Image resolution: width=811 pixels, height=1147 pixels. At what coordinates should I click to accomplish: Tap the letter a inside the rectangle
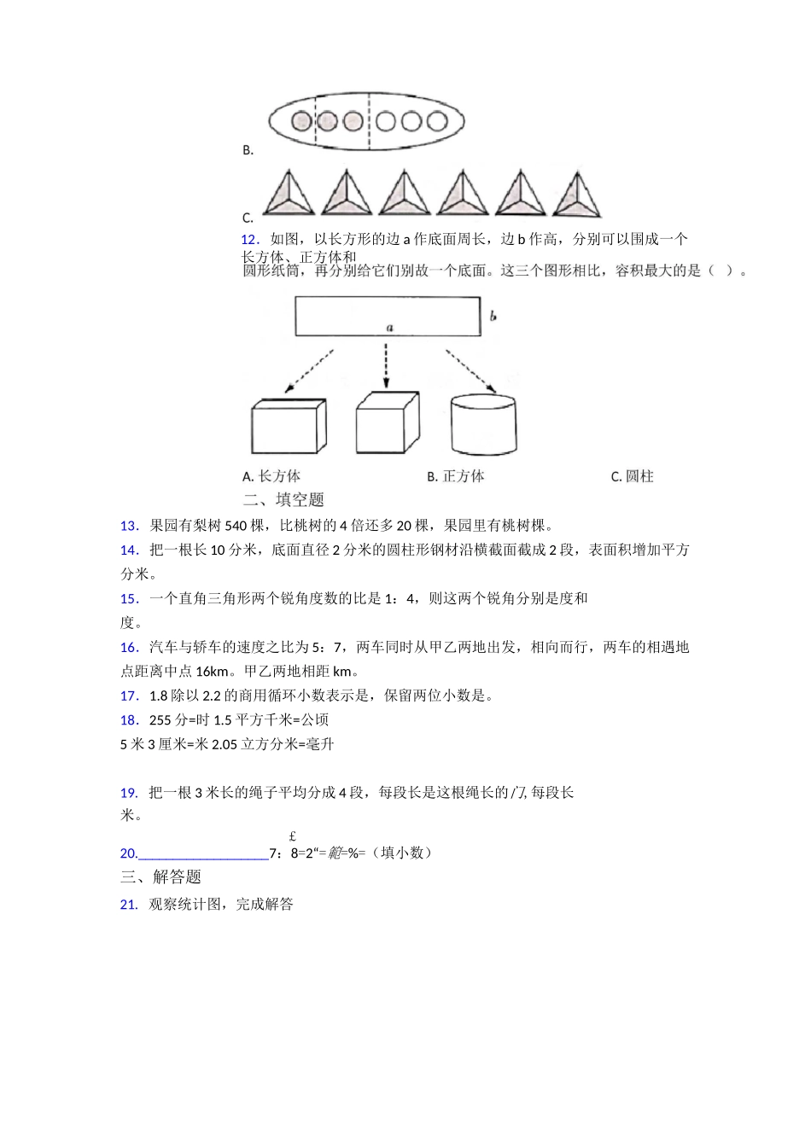click(x=389, y=327)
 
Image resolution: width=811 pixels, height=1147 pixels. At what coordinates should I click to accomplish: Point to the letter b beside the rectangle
click(x=493, y=317)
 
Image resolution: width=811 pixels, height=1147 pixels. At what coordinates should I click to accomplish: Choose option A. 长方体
click(x=271, y=476)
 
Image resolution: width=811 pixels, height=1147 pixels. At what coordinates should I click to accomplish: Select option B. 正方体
click(x=456, y=476)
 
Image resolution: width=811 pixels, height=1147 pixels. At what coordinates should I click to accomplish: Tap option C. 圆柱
click(x=633, y=476)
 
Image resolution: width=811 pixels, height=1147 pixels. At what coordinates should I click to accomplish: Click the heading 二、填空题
click(x=283, y=500)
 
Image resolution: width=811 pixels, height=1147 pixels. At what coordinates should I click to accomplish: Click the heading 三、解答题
click(x=160, y=877)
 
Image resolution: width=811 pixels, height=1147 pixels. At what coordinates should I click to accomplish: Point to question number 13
click(x=129, y=526)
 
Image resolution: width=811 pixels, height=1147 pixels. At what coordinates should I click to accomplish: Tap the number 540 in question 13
click(x=236, y=526)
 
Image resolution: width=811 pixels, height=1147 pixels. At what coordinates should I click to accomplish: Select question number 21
click(x=129, y=905)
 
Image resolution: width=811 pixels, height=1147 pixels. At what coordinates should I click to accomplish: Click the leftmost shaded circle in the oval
click(x=301, y=121)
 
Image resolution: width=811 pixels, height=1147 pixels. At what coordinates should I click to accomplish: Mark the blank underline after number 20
click(x=203, y=854)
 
